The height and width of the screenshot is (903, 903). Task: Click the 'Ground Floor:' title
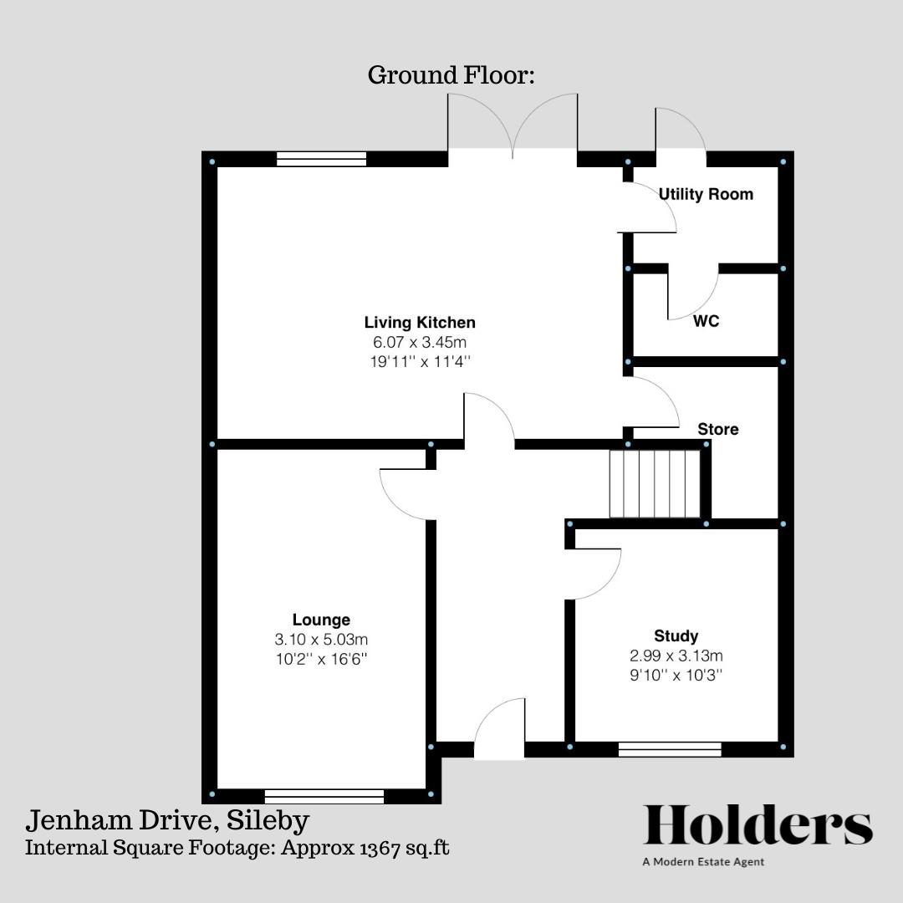(451, 75)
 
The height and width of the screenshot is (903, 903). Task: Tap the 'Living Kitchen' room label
(420, 322)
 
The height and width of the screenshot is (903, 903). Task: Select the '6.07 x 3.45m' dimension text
(420, 342)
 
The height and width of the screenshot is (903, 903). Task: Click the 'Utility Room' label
(706, 194)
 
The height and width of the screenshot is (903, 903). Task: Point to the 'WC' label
(706, 321)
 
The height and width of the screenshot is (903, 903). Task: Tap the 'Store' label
(718, 429)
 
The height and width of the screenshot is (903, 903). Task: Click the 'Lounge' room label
(321, 620)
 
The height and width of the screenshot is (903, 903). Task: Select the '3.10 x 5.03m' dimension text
(321, 640)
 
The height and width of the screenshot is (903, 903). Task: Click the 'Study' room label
(676, 635)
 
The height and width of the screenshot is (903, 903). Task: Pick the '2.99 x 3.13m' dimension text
(676, 656)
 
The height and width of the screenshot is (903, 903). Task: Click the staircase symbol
(654, 484)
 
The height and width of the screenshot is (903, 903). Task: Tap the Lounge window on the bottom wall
(324, 796)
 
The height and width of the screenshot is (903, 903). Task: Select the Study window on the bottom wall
(670, 749)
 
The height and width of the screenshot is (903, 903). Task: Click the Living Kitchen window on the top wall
(321, 159)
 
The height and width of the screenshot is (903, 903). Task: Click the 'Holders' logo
(758, 825)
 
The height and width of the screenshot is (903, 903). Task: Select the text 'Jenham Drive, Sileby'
(168, 820)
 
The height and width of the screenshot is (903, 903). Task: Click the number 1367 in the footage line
(377, 847)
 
